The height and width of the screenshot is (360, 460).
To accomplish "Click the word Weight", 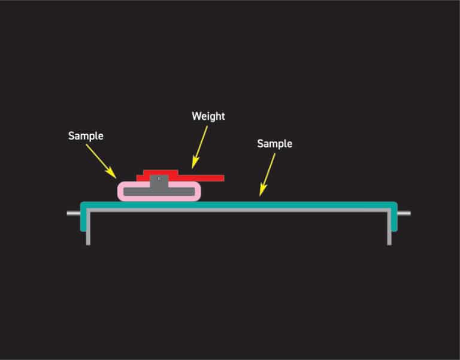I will (x=208, y=116).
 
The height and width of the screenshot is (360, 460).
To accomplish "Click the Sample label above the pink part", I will (x=86, y=136).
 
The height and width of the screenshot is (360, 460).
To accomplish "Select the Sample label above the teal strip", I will (x=274, y=144).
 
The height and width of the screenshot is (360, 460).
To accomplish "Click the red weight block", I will (x=161, y=174).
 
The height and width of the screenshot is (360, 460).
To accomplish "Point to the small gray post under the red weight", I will (x=159, y=182).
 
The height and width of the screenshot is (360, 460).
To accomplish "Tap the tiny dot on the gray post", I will (x=159, y=178).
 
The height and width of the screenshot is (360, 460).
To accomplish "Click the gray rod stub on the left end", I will (x=73, y=213).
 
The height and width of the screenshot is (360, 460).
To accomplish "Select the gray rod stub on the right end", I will (x=404, y=213).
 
